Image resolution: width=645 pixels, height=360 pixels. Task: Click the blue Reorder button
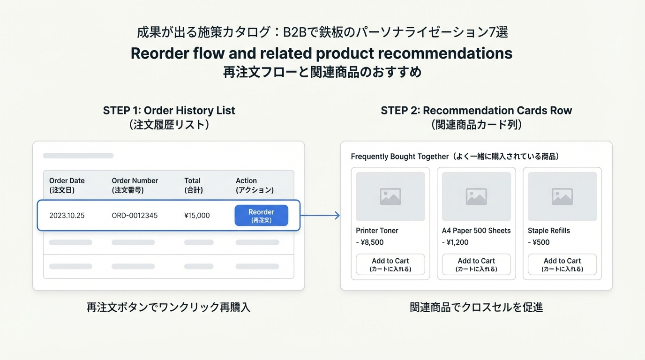point(261,216)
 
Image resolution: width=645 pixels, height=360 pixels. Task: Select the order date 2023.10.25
point(67,216)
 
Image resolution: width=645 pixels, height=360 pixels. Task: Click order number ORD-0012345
point(135,216)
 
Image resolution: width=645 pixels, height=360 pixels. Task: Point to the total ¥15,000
point(197,216)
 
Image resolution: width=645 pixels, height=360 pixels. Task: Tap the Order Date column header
point(67,185)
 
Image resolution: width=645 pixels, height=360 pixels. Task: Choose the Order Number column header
point(135,185)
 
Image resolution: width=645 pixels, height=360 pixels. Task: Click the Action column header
point(255,185)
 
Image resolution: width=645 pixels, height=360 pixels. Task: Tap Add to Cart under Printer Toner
point(390,264)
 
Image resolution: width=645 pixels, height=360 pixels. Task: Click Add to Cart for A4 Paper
point(476,264)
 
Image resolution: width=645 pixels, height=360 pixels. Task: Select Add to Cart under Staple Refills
point(562,264)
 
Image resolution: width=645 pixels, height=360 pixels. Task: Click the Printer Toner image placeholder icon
point(390,197)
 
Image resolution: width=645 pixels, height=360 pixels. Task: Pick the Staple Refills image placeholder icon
point(562,197)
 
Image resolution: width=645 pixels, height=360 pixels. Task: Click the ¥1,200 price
point(457,242)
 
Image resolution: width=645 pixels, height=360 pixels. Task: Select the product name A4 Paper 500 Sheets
point(476,231)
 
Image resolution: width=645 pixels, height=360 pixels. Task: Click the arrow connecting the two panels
point(321,216)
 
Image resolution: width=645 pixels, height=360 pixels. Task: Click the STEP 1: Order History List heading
point(169,111)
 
